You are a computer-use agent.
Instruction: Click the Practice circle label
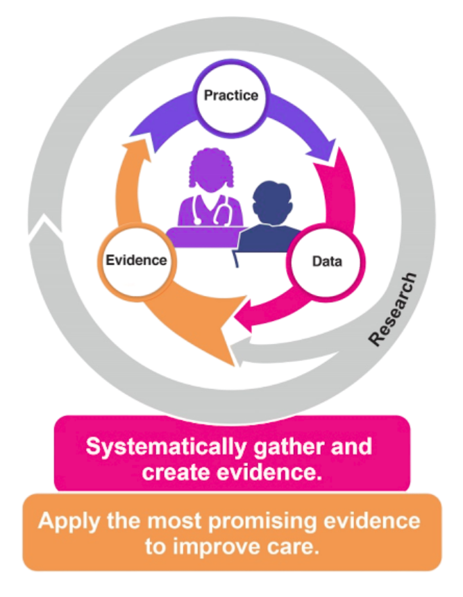pos(231,95)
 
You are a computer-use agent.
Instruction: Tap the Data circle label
pos(327,261)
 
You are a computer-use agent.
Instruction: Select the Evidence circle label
pos(136,260)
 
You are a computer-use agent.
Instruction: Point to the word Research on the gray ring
pos(393,309)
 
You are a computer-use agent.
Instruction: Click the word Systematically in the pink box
pos(166,447)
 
